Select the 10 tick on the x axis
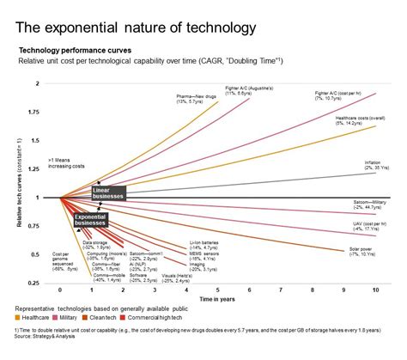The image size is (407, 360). pos(376,290)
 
